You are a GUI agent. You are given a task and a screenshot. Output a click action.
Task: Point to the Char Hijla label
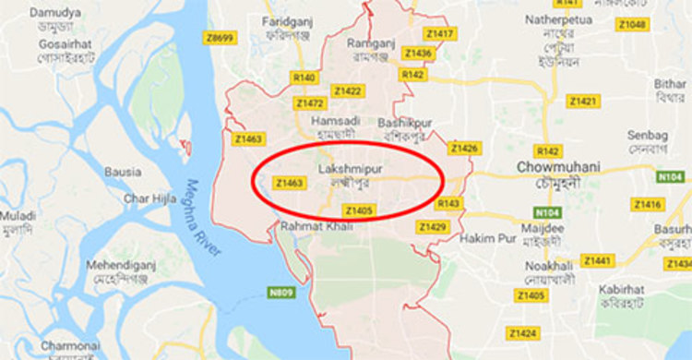click(149, 198)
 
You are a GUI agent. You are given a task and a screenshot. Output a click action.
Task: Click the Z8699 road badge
click(221, 39)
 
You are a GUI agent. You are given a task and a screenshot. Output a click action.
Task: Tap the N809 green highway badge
click(281, 293)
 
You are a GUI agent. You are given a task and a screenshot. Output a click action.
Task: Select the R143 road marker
click(449, 203)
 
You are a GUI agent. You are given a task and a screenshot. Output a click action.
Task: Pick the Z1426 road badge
click(464, 148)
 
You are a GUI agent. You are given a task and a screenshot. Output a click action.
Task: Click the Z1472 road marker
click(310, 103)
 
